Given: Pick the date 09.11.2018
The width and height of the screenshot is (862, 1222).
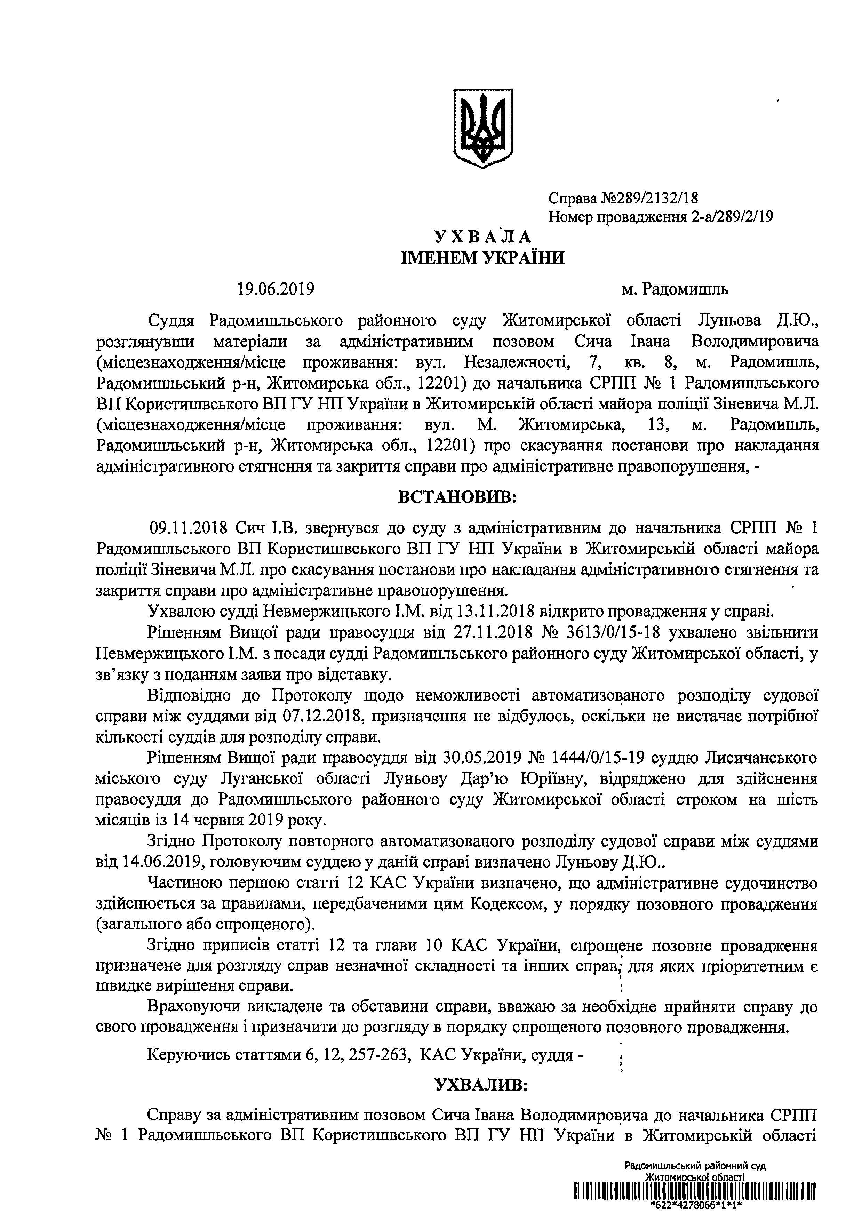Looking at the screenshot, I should [189, 528].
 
